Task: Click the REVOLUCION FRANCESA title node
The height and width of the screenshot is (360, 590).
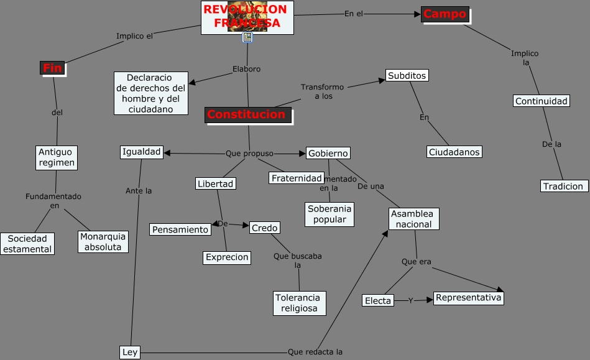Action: point(247,17)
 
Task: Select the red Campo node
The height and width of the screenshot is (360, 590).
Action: point(445,14)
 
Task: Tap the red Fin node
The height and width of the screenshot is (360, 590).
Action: point(52,68)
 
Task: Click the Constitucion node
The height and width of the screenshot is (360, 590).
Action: point(247,114)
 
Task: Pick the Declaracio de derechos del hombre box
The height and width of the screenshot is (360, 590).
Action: point(151,93)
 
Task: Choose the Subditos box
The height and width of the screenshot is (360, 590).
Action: point(407,75)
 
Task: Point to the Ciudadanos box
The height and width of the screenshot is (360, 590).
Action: point(454,152)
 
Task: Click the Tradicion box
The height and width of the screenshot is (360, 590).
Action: point(563,186)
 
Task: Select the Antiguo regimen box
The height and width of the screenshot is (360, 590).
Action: point(56,157)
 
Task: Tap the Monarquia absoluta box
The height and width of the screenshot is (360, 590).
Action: point(103,241)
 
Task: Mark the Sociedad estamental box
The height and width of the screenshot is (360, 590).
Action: point(27,244)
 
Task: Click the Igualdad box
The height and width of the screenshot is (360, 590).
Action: point(142,152)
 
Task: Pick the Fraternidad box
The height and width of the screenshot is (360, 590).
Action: point(297,178)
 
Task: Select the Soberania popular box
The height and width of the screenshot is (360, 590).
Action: point(330,214)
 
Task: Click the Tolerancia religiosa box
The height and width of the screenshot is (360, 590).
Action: point(299,303)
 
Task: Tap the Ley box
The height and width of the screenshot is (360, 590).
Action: point(130,353)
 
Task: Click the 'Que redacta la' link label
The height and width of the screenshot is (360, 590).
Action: point(315,352)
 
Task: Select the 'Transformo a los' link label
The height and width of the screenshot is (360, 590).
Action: point(322,92)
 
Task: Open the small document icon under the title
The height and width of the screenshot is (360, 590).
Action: point(247,38)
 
